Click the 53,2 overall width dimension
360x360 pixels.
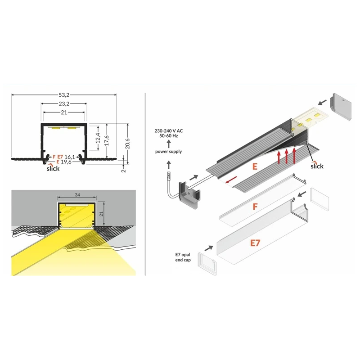tap(63, 95)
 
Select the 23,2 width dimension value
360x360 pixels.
tap(63, 103)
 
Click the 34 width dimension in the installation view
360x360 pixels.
tap(76, 195)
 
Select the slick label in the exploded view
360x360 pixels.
tap(317, 166)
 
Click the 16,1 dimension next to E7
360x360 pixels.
tap(69, 157)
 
